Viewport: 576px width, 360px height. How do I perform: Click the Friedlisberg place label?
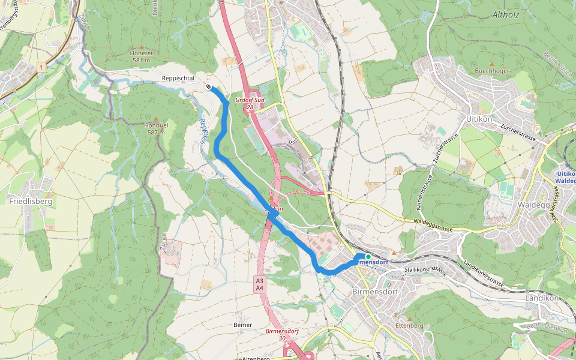tap(31, 202)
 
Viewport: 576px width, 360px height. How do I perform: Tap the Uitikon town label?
tap(479, 119)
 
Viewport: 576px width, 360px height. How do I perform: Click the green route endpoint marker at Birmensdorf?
tap(368, 256)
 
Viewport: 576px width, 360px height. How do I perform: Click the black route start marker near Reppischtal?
tap(208, 87)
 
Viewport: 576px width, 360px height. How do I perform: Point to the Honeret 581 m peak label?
tap(142, 56)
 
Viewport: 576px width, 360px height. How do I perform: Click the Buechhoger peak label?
tap(491, 70)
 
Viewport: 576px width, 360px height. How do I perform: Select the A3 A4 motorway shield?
tap(259, 284)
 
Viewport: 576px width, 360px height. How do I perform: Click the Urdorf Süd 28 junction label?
tap(250, 103)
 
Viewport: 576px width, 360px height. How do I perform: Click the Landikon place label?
tap(541, 298)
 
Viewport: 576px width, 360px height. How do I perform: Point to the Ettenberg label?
tap(409, 325)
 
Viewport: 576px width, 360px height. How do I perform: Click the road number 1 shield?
tap(40, 68)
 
